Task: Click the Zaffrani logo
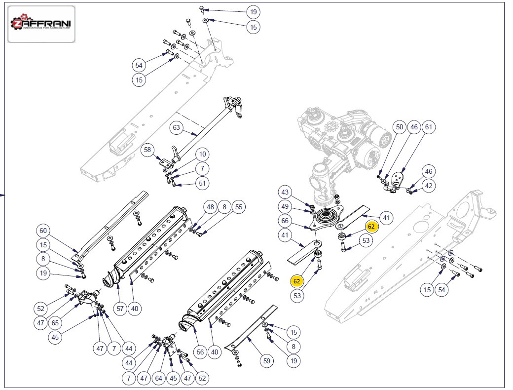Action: click(41, 24)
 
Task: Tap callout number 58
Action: click(147, 149)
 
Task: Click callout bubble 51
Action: click(202, 183)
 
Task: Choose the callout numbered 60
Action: click(43, 231)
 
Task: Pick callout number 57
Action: click(119, 309)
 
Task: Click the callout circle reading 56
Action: click(200, 352)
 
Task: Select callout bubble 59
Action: click(267, 361)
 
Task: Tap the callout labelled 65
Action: click(55, 323)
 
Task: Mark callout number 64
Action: click(158, 378)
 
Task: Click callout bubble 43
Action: click(285, 192)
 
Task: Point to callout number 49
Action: click(285, 206)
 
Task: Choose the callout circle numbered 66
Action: click(285, 221)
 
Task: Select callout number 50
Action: click(400, 127)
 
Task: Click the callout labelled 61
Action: click(429, 127)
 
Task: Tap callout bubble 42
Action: click(429, 186)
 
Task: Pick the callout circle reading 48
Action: click(211, 207)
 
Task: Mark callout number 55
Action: click(238, 207)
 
